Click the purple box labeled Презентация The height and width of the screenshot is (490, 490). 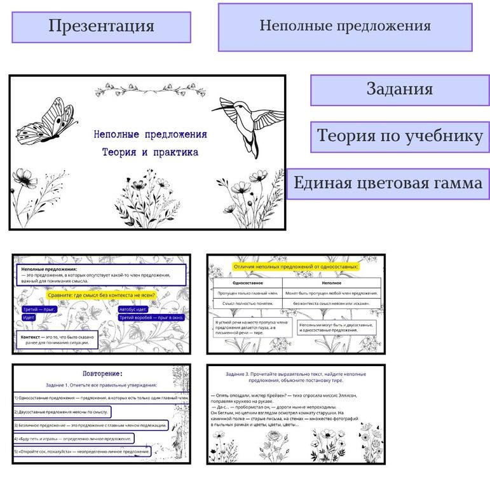(101, 27)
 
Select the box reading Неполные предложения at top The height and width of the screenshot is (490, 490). (345, 27)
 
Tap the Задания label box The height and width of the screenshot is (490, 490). (400, 90)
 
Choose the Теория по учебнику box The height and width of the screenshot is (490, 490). (400, 137)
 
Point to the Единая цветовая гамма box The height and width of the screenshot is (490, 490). (388, 184)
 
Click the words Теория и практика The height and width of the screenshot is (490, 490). (149, 153)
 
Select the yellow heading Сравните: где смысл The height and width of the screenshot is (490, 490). (101, 295)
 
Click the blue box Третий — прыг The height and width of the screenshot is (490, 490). (39, 309)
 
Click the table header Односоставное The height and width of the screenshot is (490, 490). (247, 282)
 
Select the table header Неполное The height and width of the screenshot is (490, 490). (331, 282)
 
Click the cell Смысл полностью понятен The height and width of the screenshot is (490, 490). (247, 304)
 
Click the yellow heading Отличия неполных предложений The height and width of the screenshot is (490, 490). (296, 267)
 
